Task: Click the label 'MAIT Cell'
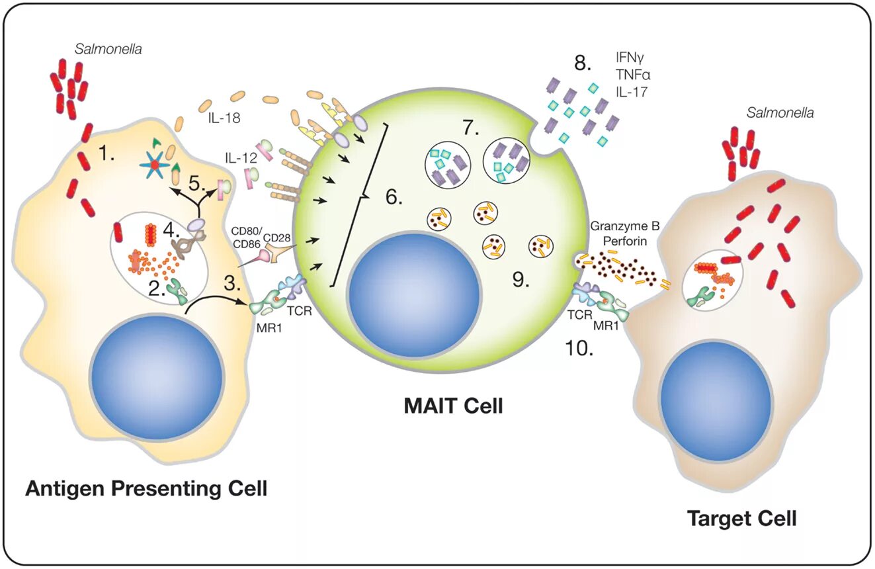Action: [x=453, y=405]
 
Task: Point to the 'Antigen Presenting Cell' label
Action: [x=146, y=489]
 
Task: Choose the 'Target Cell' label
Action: [x=741, y=517]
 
